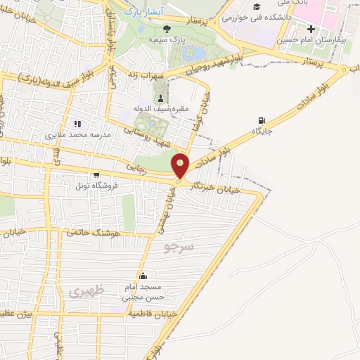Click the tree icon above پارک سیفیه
point(167,29)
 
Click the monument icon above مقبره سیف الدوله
point(162,97)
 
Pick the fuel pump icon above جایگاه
point(262,120)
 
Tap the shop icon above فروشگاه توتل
point(96,175)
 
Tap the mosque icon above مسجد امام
point(143,276)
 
